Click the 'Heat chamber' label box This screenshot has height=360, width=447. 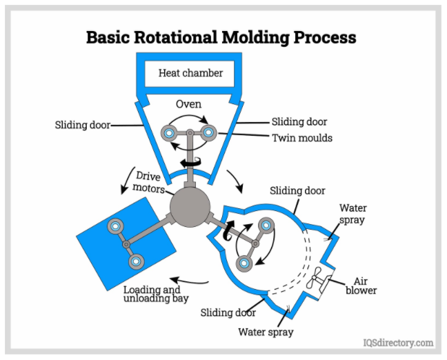pos(191,72)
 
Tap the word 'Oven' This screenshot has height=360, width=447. pos(188,104)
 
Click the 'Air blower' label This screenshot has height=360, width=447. pos(366,286)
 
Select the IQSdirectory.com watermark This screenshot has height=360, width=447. pos(398,343)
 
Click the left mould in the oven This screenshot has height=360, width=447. pos(168,131)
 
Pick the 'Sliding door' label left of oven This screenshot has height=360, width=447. pos(82,126)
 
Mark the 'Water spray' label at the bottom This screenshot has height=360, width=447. pos(266,332)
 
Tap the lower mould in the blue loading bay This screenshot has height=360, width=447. pos(136,261)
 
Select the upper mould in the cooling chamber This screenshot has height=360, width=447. pos(266,225)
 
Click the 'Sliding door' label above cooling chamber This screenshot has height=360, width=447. pos(297,190)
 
